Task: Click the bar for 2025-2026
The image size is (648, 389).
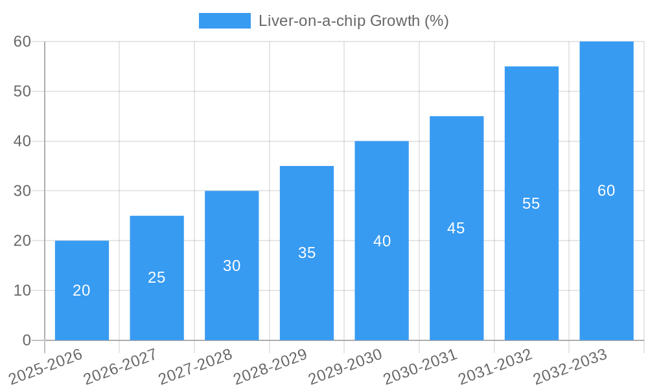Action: click(82, 290)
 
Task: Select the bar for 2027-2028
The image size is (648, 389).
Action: click(231, 265)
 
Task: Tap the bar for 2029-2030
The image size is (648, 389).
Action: click(382, 241)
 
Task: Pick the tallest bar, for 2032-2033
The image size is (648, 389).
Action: click(607, 191)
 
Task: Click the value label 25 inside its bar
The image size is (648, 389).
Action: click(157, 277)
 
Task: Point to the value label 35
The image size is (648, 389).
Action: click(307, 253)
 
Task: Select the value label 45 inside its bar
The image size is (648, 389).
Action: click(456, 228)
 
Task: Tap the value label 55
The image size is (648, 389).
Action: click(531, 204)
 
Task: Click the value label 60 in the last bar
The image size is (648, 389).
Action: click(607, 191)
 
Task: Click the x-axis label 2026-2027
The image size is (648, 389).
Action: click(121, 366)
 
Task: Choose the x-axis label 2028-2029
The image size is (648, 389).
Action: click(270, 366)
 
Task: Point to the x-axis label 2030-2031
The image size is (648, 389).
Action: click(421, 366)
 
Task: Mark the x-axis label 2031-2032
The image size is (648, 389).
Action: click(496, 366)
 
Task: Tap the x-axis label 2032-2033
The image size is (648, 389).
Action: click(570, 366)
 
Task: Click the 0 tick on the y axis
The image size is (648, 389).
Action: click(27, 340)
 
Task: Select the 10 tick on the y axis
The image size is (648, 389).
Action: click(23, 290)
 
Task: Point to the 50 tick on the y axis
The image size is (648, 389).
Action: click(23, 91)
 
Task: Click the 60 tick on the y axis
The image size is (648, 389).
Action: click(23, 41)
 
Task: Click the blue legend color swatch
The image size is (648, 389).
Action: click(224, 21)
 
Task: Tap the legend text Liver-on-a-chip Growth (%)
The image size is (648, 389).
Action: click(354, 21)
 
